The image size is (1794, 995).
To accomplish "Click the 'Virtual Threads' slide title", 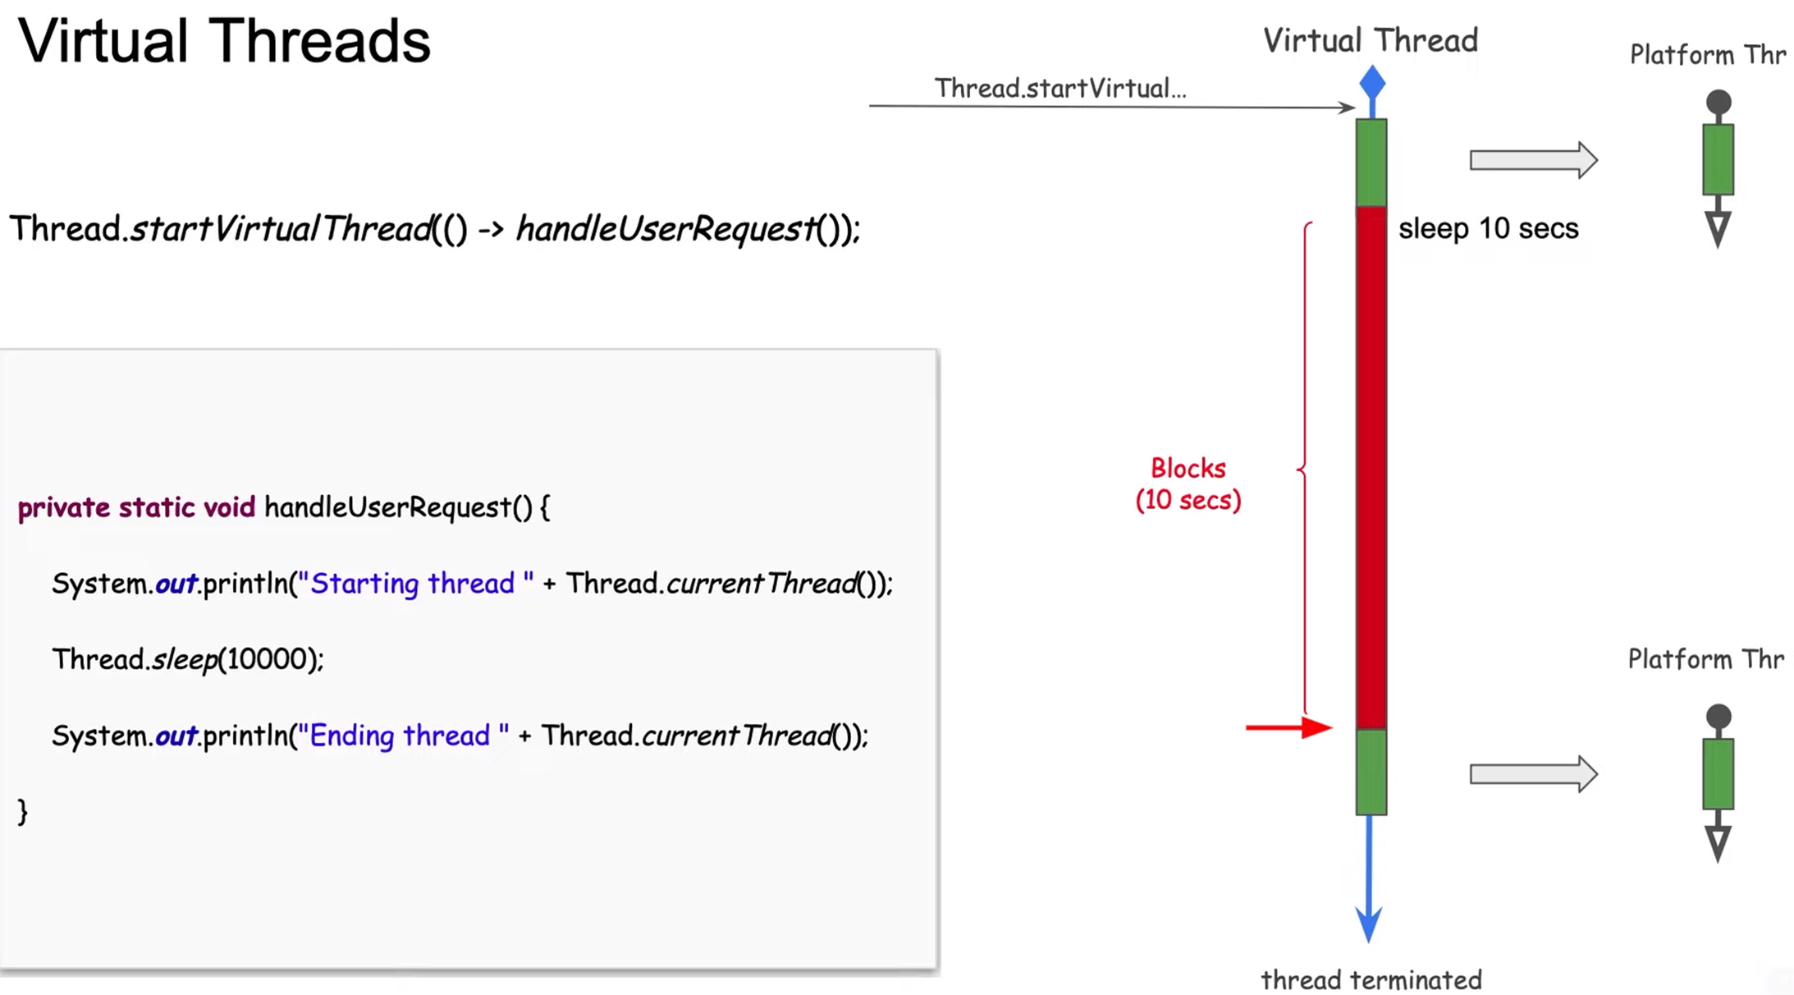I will (x=224, y=41).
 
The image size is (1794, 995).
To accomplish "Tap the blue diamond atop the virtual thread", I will (x=1372, y=83).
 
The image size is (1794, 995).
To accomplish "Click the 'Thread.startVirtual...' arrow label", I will (x=1060, y=88).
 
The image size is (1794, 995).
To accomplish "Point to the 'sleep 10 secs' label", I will (x=1488, y=228).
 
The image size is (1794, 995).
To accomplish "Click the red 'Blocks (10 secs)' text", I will (x=1188, y=484).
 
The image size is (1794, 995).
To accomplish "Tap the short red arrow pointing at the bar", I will (x=1288, y=727).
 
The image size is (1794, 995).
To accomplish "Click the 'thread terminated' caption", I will (x=1371, y=979).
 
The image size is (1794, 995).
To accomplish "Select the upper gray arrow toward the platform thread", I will (x=1533, y=160).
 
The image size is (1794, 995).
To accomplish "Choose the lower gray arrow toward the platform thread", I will (x=1533, y=774).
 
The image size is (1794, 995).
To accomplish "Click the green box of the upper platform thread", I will (x=1718, y=159).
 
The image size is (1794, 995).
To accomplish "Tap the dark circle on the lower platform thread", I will (x=1718, y=717).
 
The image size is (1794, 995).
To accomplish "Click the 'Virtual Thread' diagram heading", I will (x=1370, y=40).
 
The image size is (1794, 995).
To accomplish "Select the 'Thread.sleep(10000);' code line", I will (x=188, y=658).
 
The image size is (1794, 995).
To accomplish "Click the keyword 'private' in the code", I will (x=63, y=507).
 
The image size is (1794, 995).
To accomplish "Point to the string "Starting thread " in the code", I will (x=415, y=583).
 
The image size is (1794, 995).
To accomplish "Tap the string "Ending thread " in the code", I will (x=403, y=735).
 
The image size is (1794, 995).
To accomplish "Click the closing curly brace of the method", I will (x=23, y=811).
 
